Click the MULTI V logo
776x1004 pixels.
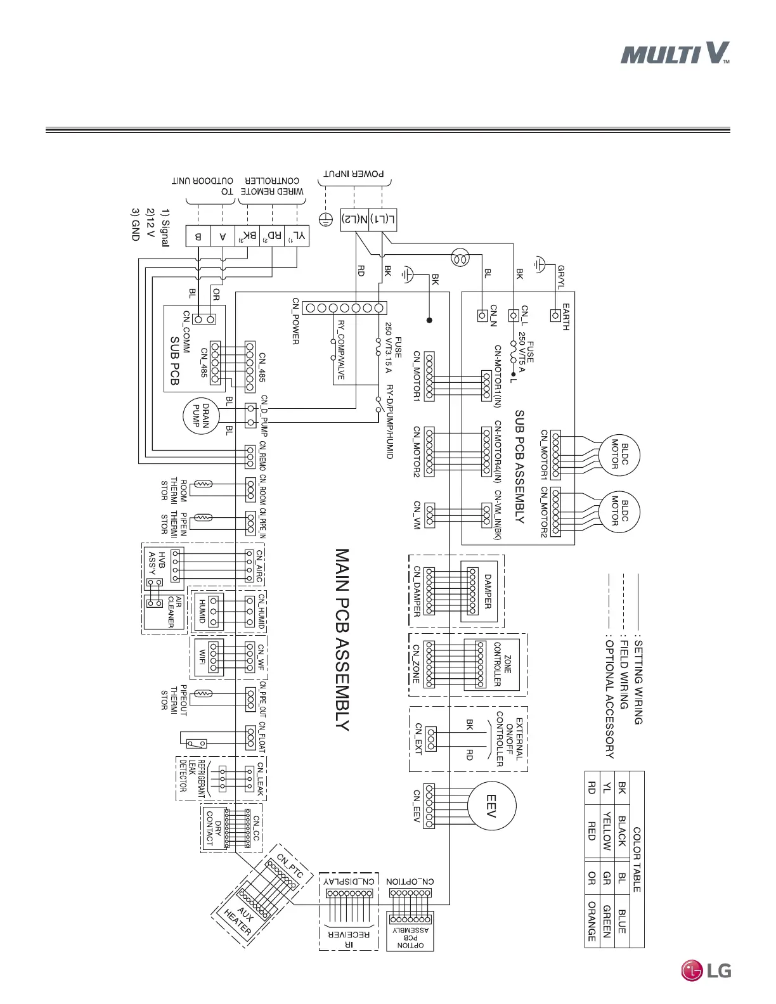[675, 53]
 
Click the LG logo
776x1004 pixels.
[706, 970]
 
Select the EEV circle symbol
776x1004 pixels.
[491, 807]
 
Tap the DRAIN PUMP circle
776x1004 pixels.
[201, 416]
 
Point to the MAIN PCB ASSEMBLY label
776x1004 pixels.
[342, 640]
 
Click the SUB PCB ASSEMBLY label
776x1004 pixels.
[519, 466]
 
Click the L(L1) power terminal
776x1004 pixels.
[382, 219]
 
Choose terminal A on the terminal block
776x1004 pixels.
[223, 236]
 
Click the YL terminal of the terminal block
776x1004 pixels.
[297, 236]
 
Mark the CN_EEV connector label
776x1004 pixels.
[417, 806]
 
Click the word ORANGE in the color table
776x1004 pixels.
[592, 921]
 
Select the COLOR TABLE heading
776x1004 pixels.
[637, 859]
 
